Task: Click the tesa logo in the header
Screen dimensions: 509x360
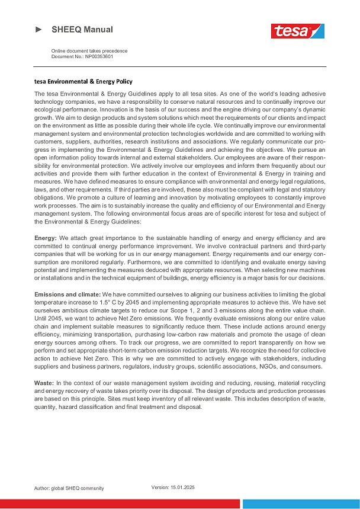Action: coord(298,30)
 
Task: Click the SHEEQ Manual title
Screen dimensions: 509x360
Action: coord(82,29)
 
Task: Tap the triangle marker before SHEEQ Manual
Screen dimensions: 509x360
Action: coord(39,29)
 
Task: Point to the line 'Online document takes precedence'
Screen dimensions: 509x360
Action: coord(89,51)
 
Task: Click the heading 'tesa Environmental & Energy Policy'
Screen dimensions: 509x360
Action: coord(83,81)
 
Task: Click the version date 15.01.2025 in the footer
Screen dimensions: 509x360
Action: coord(182,486)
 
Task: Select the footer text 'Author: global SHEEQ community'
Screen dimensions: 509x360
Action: coord(69,488)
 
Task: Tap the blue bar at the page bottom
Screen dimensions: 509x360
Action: coord(301,504)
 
